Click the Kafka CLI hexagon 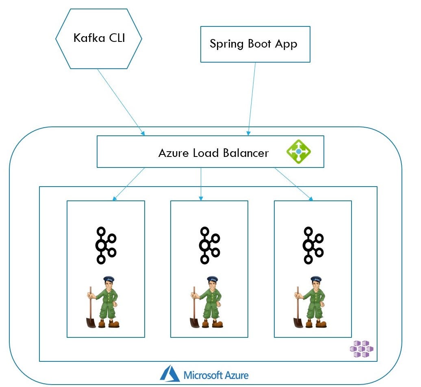[x=99, y=38]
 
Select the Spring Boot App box [x=255, y=44]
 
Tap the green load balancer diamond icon [x=299, y=152]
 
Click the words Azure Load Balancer [x=213, y=153]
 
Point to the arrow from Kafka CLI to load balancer [x=121, y=102]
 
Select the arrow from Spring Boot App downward [x=252, y=98]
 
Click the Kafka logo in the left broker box [x=105, y=245]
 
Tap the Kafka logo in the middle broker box [x=209, y=245]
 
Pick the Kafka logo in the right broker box [x=312, y=245]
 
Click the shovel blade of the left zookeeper [x=91, y=322]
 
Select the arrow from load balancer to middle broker [x=201, y=184]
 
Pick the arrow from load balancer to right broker [x=293, y=184]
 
